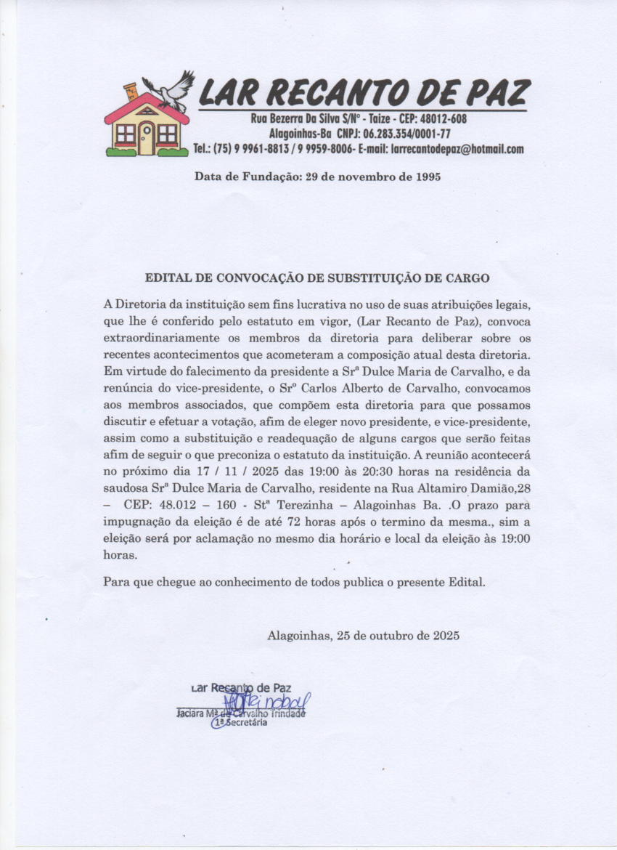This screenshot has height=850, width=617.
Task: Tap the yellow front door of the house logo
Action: (x=146, y=138)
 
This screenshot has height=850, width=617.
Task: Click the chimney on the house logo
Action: (x=131, y=91)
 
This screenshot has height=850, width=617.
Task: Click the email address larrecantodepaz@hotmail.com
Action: (x=457, y=150)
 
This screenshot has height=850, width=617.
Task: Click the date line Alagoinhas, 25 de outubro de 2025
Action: (x=363, y=635)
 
